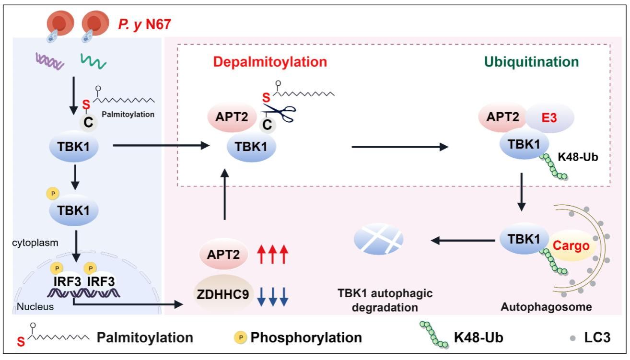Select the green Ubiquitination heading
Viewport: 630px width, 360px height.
pos(531,62)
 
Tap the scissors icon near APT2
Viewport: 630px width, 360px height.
pos(280,114)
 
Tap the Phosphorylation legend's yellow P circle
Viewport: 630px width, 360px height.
pos(242,337)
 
